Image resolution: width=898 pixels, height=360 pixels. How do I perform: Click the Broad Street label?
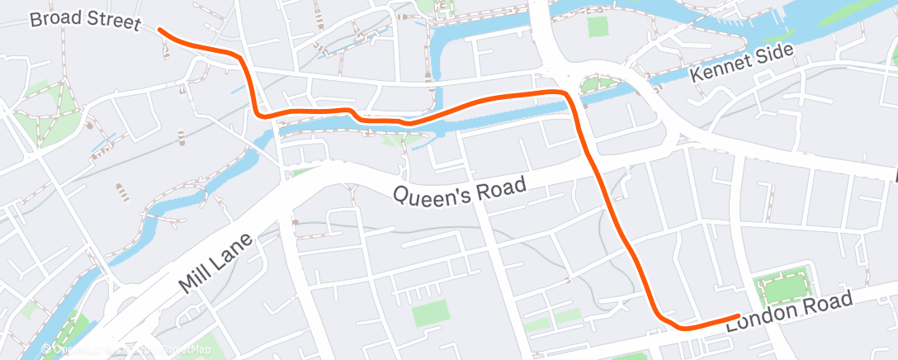pyautogui.click(x=85, y=21)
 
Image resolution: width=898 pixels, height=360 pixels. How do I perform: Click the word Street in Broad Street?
pyautogui.click(x=111, y=22)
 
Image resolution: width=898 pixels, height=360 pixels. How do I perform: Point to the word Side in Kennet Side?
pyautogui.click(x=775, y=54)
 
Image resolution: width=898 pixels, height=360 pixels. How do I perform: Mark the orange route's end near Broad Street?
pyautogui.click(x=160, y=31)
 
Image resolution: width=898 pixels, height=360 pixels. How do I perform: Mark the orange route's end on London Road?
pyautogui.click(x=737, y=315)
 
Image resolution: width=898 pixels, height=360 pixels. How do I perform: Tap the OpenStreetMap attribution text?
pyautogui.click(x=132, y=350)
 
